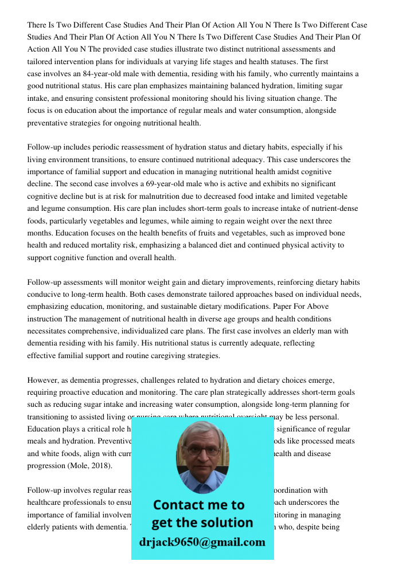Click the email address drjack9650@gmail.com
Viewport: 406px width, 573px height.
[x=202, y=542]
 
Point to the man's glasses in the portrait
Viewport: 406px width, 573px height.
[x=202, y=451]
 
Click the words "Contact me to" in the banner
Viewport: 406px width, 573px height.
[x=198, y=505]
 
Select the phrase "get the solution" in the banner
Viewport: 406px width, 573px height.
[x=202, y=523]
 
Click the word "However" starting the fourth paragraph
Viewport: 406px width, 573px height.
[x=45, y=380]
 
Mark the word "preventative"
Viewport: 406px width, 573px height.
[x=48, y=123]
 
